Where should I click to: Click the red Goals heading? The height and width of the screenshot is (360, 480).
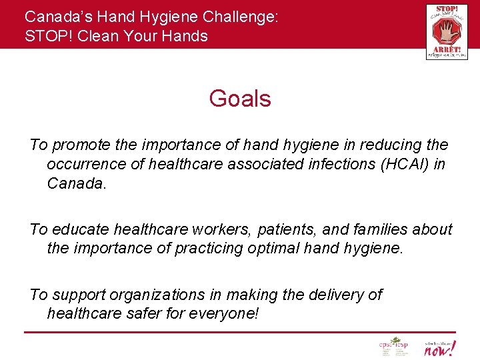coord(240,99)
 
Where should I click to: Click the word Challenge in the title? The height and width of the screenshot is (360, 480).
coord(237,17)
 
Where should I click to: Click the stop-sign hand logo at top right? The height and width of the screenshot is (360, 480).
coord(446,31)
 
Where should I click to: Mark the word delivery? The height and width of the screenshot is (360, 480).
coord(337,294)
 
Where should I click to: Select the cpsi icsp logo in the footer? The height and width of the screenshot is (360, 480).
coord(393,347)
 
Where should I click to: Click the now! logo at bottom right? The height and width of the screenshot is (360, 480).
coord(441,347)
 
